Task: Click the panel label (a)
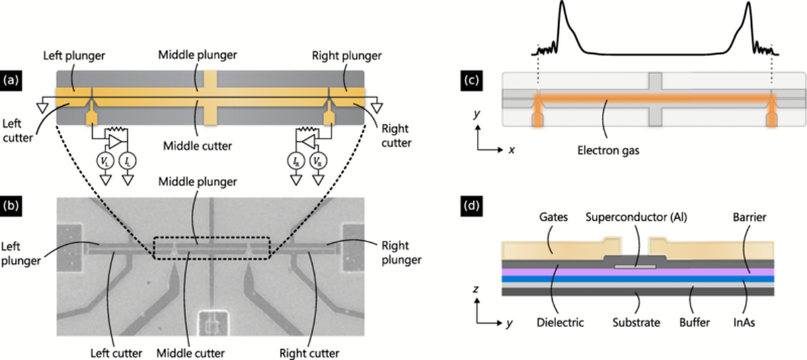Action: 11,80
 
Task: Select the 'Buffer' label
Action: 697,323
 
